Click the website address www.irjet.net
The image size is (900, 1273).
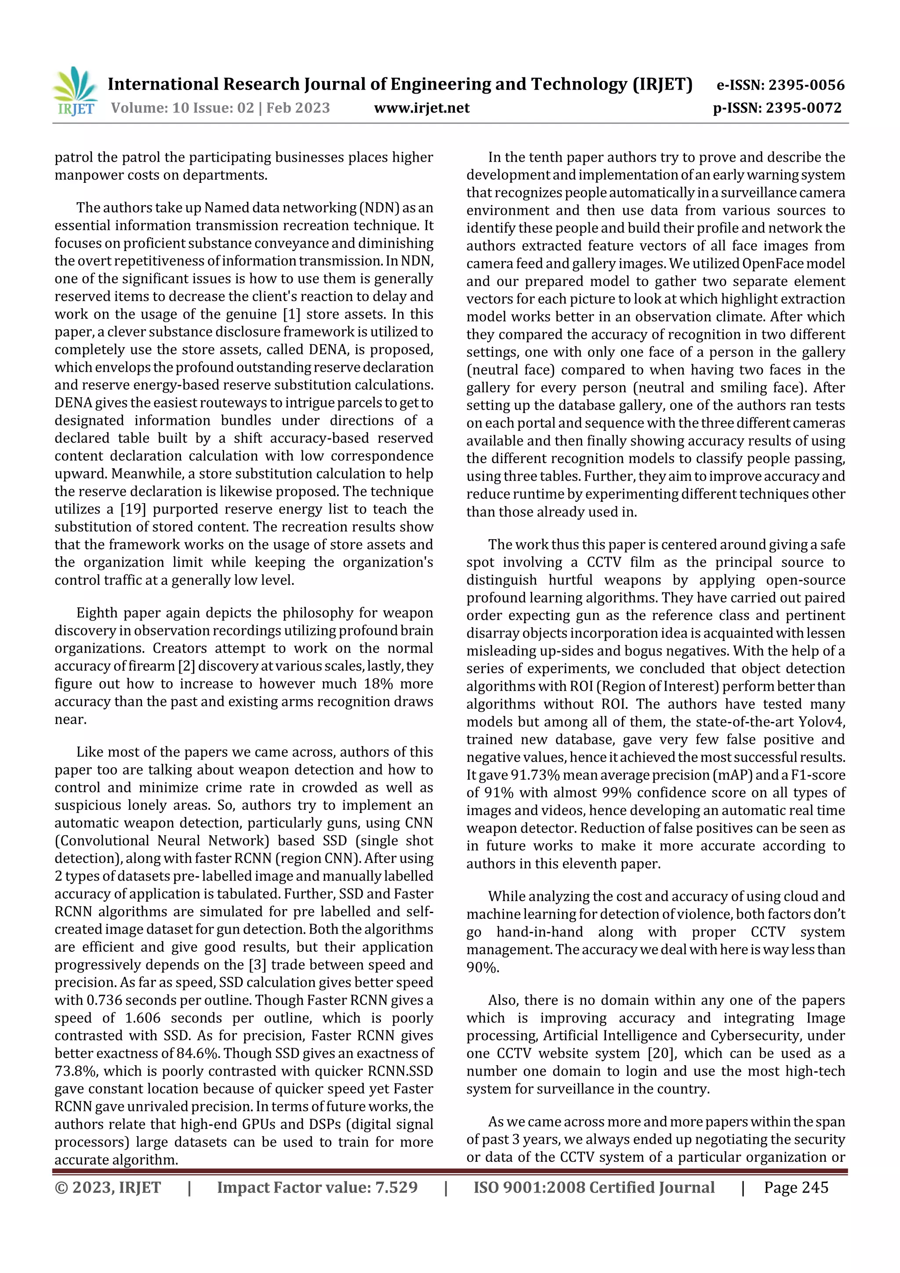421,108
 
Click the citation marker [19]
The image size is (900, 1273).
134,509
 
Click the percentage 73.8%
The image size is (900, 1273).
76,1071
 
